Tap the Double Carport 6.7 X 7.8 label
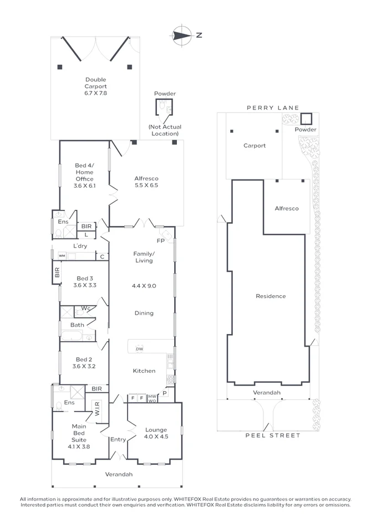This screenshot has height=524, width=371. [95, 86]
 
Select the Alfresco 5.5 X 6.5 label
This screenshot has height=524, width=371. [146, 182]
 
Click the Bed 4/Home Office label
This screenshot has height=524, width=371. [84, 175]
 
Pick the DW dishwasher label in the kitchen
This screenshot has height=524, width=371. [139, 349]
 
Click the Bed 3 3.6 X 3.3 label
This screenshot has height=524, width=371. [84, 282]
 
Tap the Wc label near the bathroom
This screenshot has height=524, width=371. [86, 308]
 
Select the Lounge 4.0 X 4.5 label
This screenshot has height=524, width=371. [156, 433]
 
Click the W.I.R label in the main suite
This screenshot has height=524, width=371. [96, 409]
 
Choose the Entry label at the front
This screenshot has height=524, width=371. [118, 439]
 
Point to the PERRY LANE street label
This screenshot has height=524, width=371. [273, 108]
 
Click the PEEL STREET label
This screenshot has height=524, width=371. [273, 435]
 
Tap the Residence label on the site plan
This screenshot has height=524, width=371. [271, 296]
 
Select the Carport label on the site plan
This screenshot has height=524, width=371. [255, 146]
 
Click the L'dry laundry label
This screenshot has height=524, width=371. [82, 246]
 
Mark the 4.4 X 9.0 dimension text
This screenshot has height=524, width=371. [144, 286]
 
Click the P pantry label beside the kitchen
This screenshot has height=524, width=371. [164, 393]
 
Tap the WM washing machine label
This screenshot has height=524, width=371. [62, 256]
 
